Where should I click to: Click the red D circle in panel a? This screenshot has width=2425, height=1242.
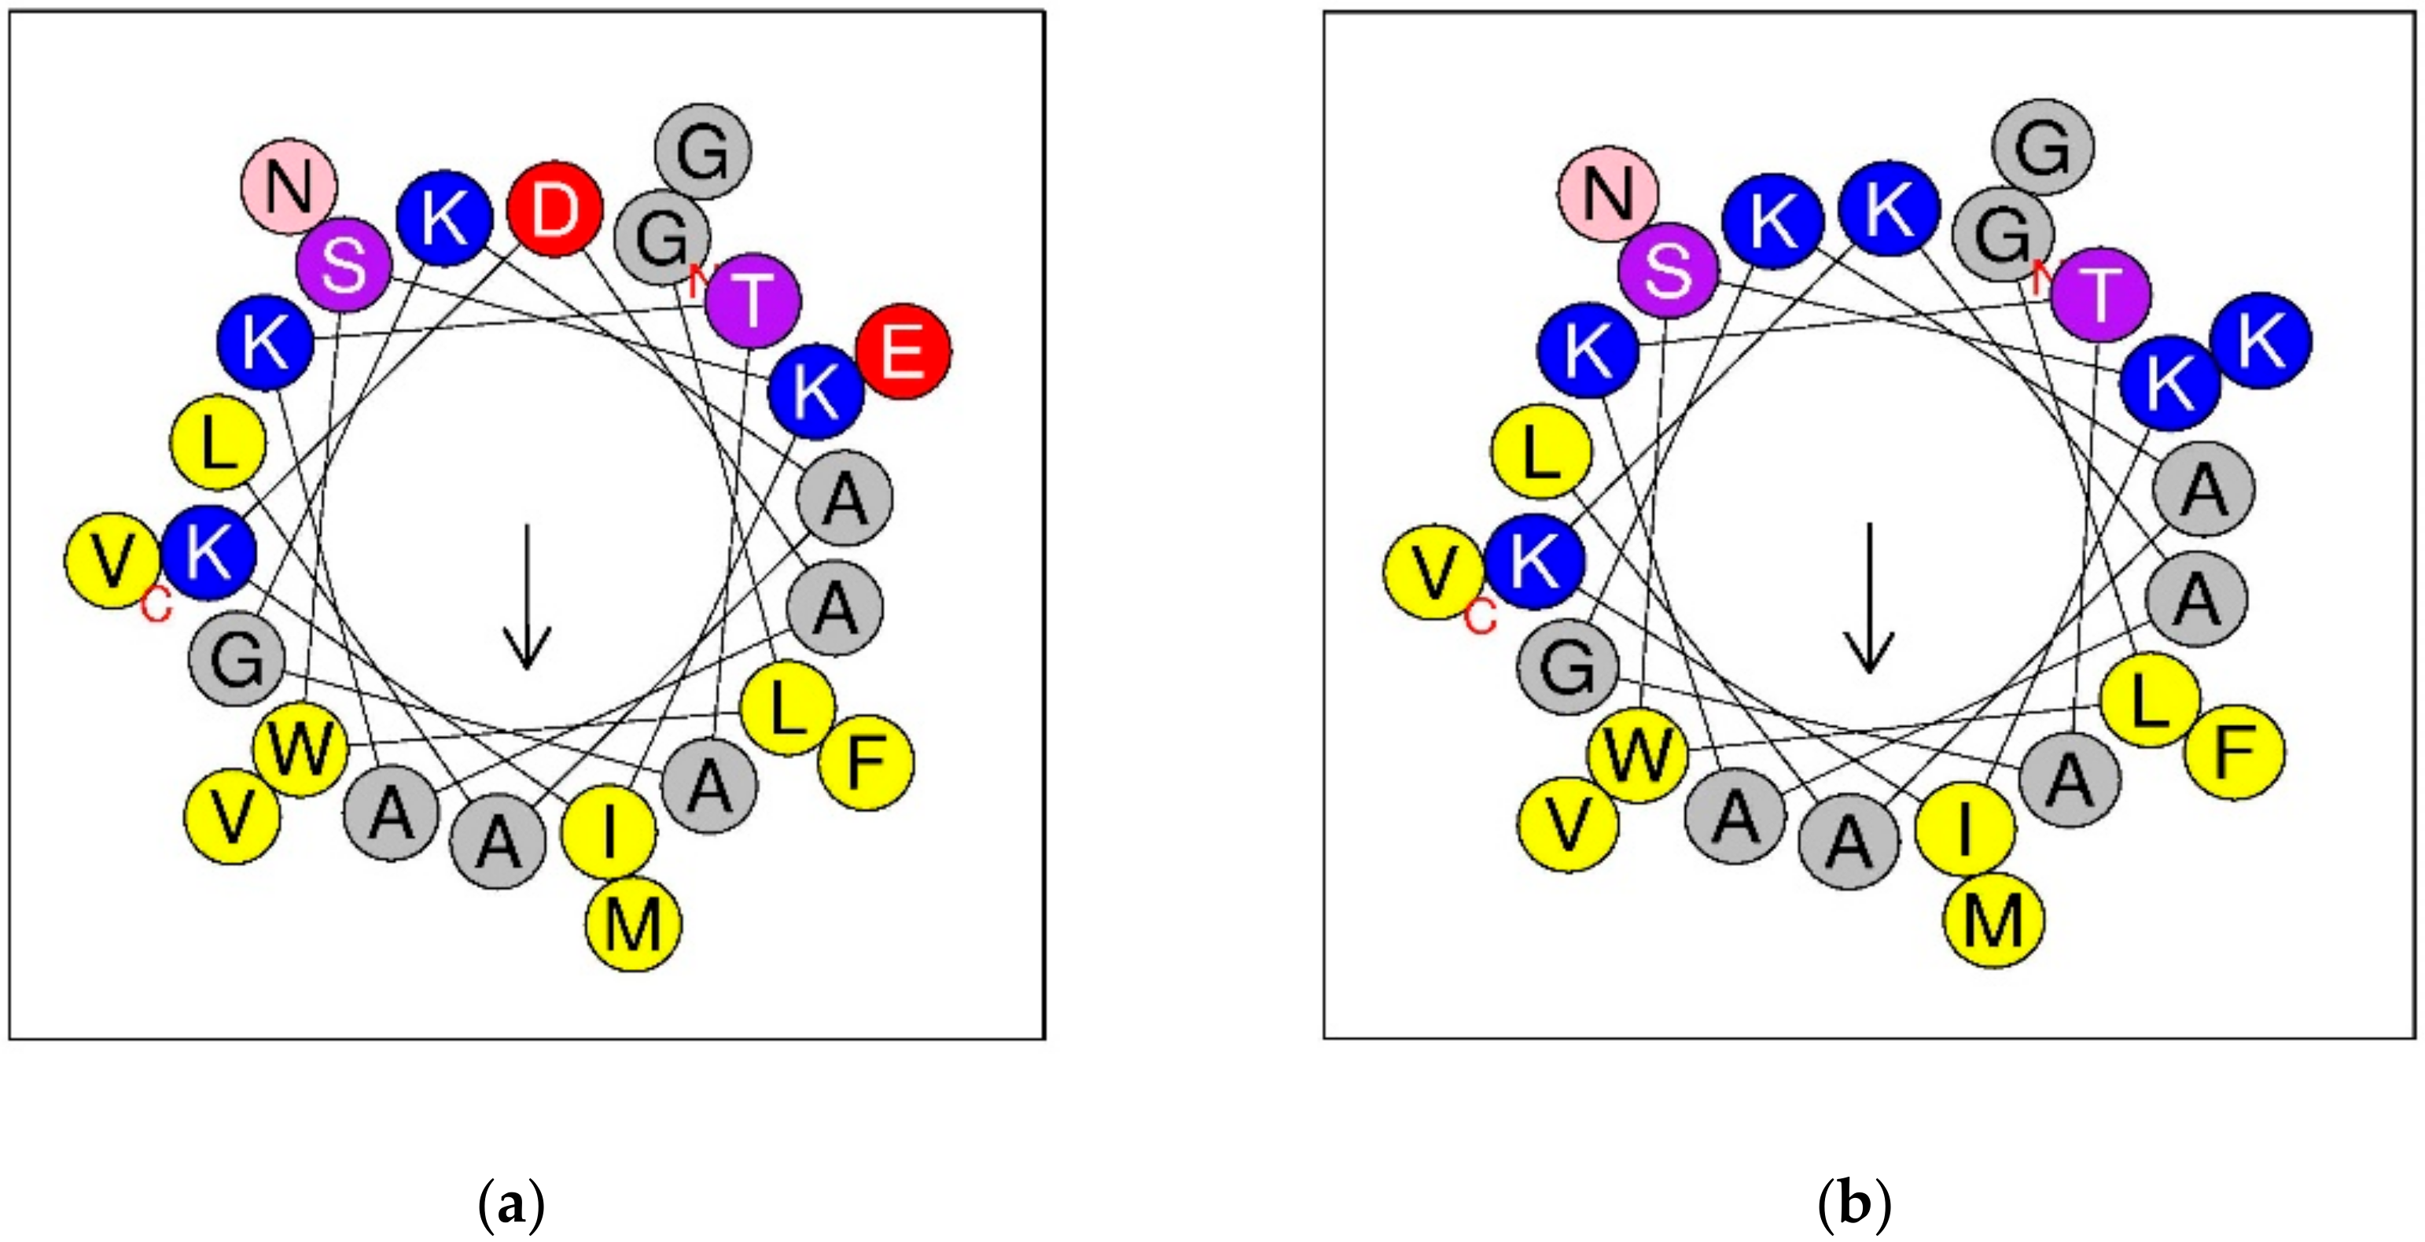tap(555, 210)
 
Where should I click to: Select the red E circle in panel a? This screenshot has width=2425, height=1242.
tap(903, 352)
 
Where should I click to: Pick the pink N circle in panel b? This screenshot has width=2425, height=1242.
tap(1608, 194)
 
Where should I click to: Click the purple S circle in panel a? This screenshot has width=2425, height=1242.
tap(344, 267)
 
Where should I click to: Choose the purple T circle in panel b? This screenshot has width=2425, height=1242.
tap(2100, 295)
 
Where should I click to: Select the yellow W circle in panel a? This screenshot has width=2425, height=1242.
tap(301, 750)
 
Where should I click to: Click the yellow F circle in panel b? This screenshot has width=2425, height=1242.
tap(2234, 752)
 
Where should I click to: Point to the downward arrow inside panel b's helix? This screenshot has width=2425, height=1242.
tap(1868, 598)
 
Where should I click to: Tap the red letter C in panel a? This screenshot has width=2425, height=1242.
tap(156, 607)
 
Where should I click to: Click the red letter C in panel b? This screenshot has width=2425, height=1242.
tap(1480, 617)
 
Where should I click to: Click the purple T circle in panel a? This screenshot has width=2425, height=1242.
tap(753, 300)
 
